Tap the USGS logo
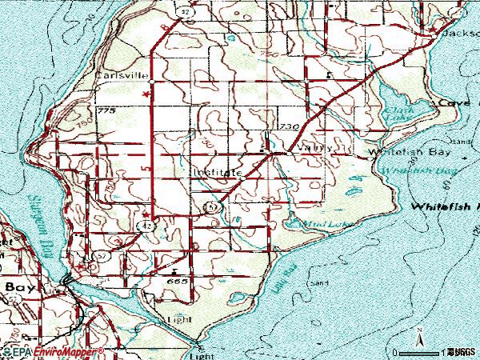pos(461,351)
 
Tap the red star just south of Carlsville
pos(145,94)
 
